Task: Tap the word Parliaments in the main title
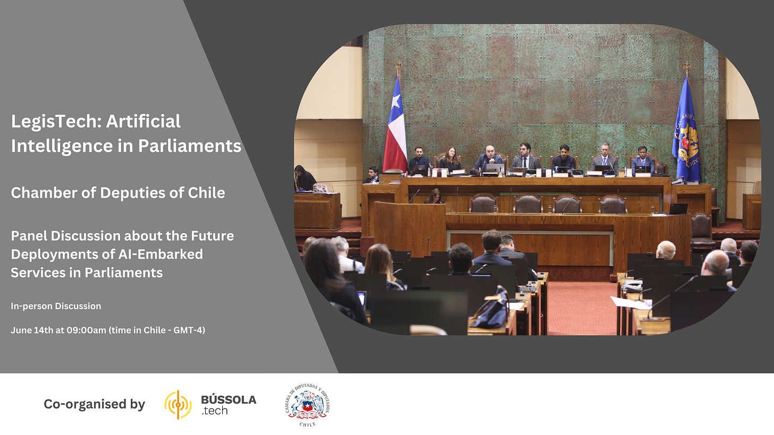pyautogui.click(x=190, y=146)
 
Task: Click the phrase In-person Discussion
pyautogui.click(x=56, y=306)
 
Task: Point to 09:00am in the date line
pyautogui.click(x=86, y=330)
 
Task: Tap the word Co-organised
pyautogui.click(x=85, y=404)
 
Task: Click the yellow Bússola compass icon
pyautogui.click(x=178, y=405)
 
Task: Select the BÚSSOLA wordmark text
pyautogui.click(x=229, y=400)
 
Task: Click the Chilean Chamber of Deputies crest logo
pyautogui.click(x=307, y=405)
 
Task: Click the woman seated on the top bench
pyautogui.click(x=450, y=159)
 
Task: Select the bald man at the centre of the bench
pyautogui.click(x=489, y=158)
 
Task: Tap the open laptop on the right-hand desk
pyautogui.click(x=678, y=209)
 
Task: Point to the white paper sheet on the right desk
pyautogui.click(x=631, y=303)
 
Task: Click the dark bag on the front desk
pyautogui.click(x=491, y=308)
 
